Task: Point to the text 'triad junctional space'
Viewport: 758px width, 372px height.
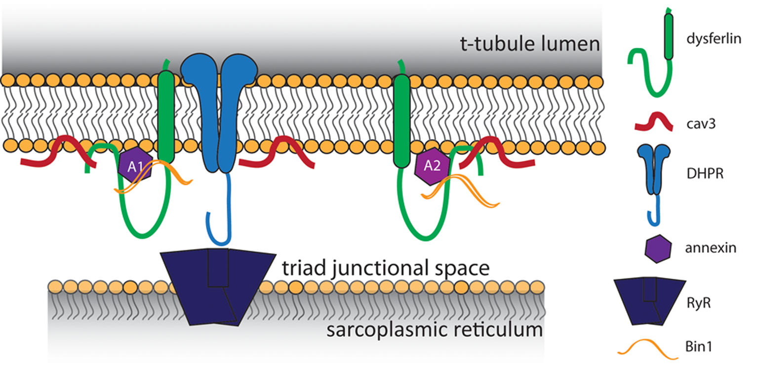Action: click(386, 268)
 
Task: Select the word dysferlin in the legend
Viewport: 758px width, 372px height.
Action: click(717, 39)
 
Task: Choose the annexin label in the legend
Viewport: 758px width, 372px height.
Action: click(713, 248)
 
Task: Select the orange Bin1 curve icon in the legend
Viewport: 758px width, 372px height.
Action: click(647, 348)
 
